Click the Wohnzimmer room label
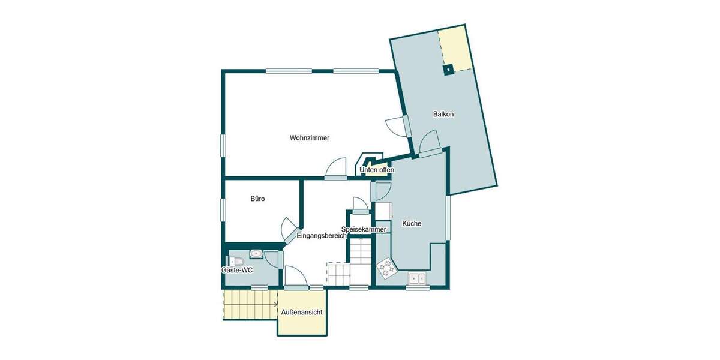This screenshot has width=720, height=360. click(309, 138)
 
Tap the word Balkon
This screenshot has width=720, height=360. click(443, 114)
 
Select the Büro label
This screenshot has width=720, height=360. click(257, 199)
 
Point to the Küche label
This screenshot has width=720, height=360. click(412, 223)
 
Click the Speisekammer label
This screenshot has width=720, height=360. click(363, 229)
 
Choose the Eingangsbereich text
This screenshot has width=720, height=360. click(322, 236)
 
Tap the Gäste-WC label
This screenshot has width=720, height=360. click(237, 271)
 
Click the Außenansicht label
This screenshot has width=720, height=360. click(302, 312)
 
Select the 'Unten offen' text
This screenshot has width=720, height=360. click(377, 170)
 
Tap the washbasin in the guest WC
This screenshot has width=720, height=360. click(256, 254)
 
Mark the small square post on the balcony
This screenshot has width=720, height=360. click(448, 70)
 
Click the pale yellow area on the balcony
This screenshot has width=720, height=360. click(454, 48)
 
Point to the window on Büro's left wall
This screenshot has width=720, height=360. click(223, 210)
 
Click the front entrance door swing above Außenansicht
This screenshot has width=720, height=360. click(296, 278)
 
